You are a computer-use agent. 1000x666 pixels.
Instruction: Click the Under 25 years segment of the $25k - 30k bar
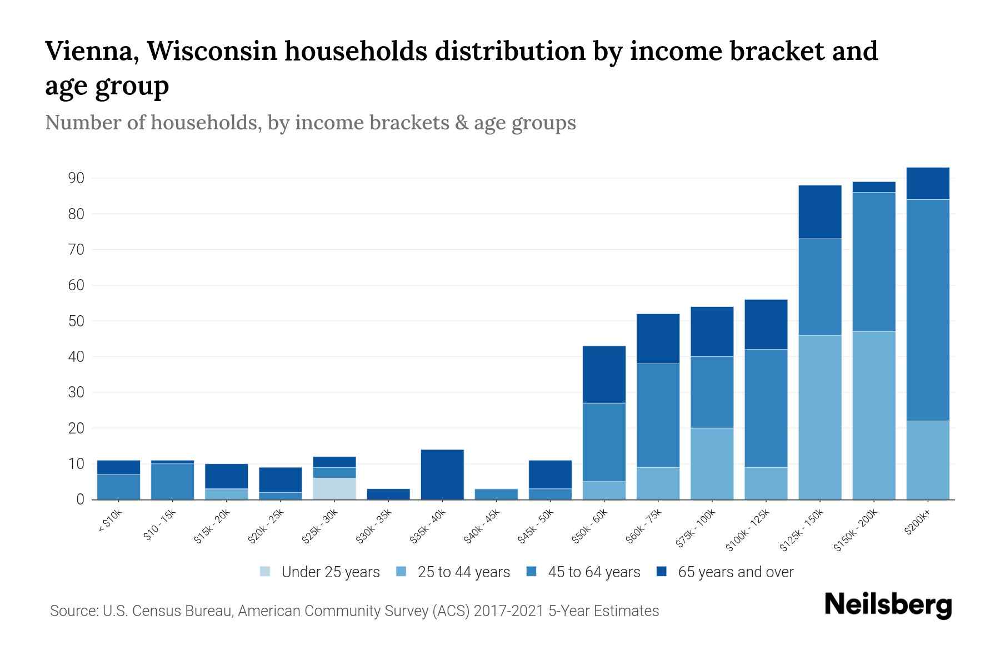click(334, 488)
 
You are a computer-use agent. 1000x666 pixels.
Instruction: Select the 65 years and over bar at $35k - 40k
click(442, 475)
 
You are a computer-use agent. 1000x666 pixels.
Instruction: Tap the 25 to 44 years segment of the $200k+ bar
click(927, 460)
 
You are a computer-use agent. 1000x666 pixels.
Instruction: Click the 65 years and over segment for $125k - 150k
click(819, 212)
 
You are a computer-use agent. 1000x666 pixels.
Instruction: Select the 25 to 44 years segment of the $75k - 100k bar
click(712, 463)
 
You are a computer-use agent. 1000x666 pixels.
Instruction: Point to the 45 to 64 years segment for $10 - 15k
click(172, 481)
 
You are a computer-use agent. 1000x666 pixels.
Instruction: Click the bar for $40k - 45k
click(496, 494)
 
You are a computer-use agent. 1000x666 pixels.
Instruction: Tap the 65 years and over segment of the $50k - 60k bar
click(604, 375)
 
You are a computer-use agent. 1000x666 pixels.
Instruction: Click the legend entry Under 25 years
click(330, 572)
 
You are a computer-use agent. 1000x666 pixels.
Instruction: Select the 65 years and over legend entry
click(735, 572)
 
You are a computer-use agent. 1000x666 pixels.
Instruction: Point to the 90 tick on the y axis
click(77, 178)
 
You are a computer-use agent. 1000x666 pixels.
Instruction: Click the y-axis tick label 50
click(77, 321)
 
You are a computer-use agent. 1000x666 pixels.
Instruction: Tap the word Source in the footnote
click(73, 611)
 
